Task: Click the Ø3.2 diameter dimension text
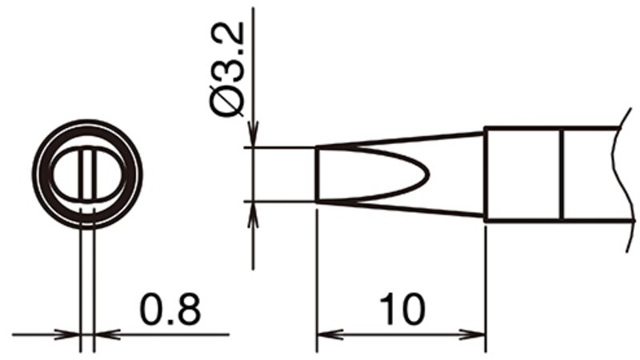click(227, 70)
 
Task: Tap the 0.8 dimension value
click(170, 309)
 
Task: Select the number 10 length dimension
click(402, 309)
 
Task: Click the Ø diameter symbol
click(227, 102)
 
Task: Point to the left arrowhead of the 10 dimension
click(330, 334)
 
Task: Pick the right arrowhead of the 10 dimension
click(474, 334)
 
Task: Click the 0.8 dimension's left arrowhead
click(67, 334)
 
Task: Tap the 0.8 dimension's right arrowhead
click(108, 334)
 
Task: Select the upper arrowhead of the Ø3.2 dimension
click(253, 134)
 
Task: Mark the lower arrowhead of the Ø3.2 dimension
click(253, 214)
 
